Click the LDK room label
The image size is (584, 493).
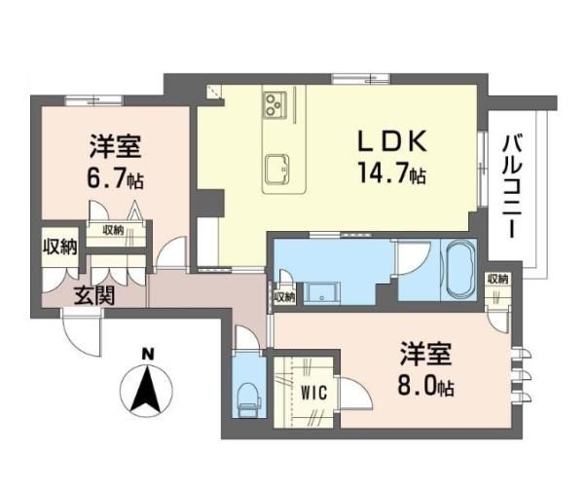(x=392, y=141)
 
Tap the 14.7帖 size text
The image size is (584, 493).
(x=392, y=172)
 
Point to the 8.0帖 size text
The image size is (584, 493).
(x=425, y=385)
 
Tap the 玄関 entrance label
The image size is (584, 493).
(x=94, y=296)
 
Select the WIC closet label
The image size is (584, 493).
(x=313, y=393)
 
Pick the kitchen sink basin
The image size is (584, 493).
(x=277, y=169)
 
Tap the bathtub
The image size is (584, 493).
(x=459, y=269)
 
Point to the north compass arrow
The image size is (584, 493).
(x=146, y=392)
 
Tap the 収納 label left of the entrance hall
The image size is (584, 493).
(x=59, y=246)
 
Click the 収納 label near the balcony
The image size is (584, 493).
(x=498, y=279)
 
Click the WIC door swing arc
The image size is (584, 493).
(x=356, y=395)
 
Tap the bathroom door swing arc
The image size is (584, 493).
(x=414, y=258)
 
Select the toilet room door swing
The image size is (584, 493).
(x=246, y=338)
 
